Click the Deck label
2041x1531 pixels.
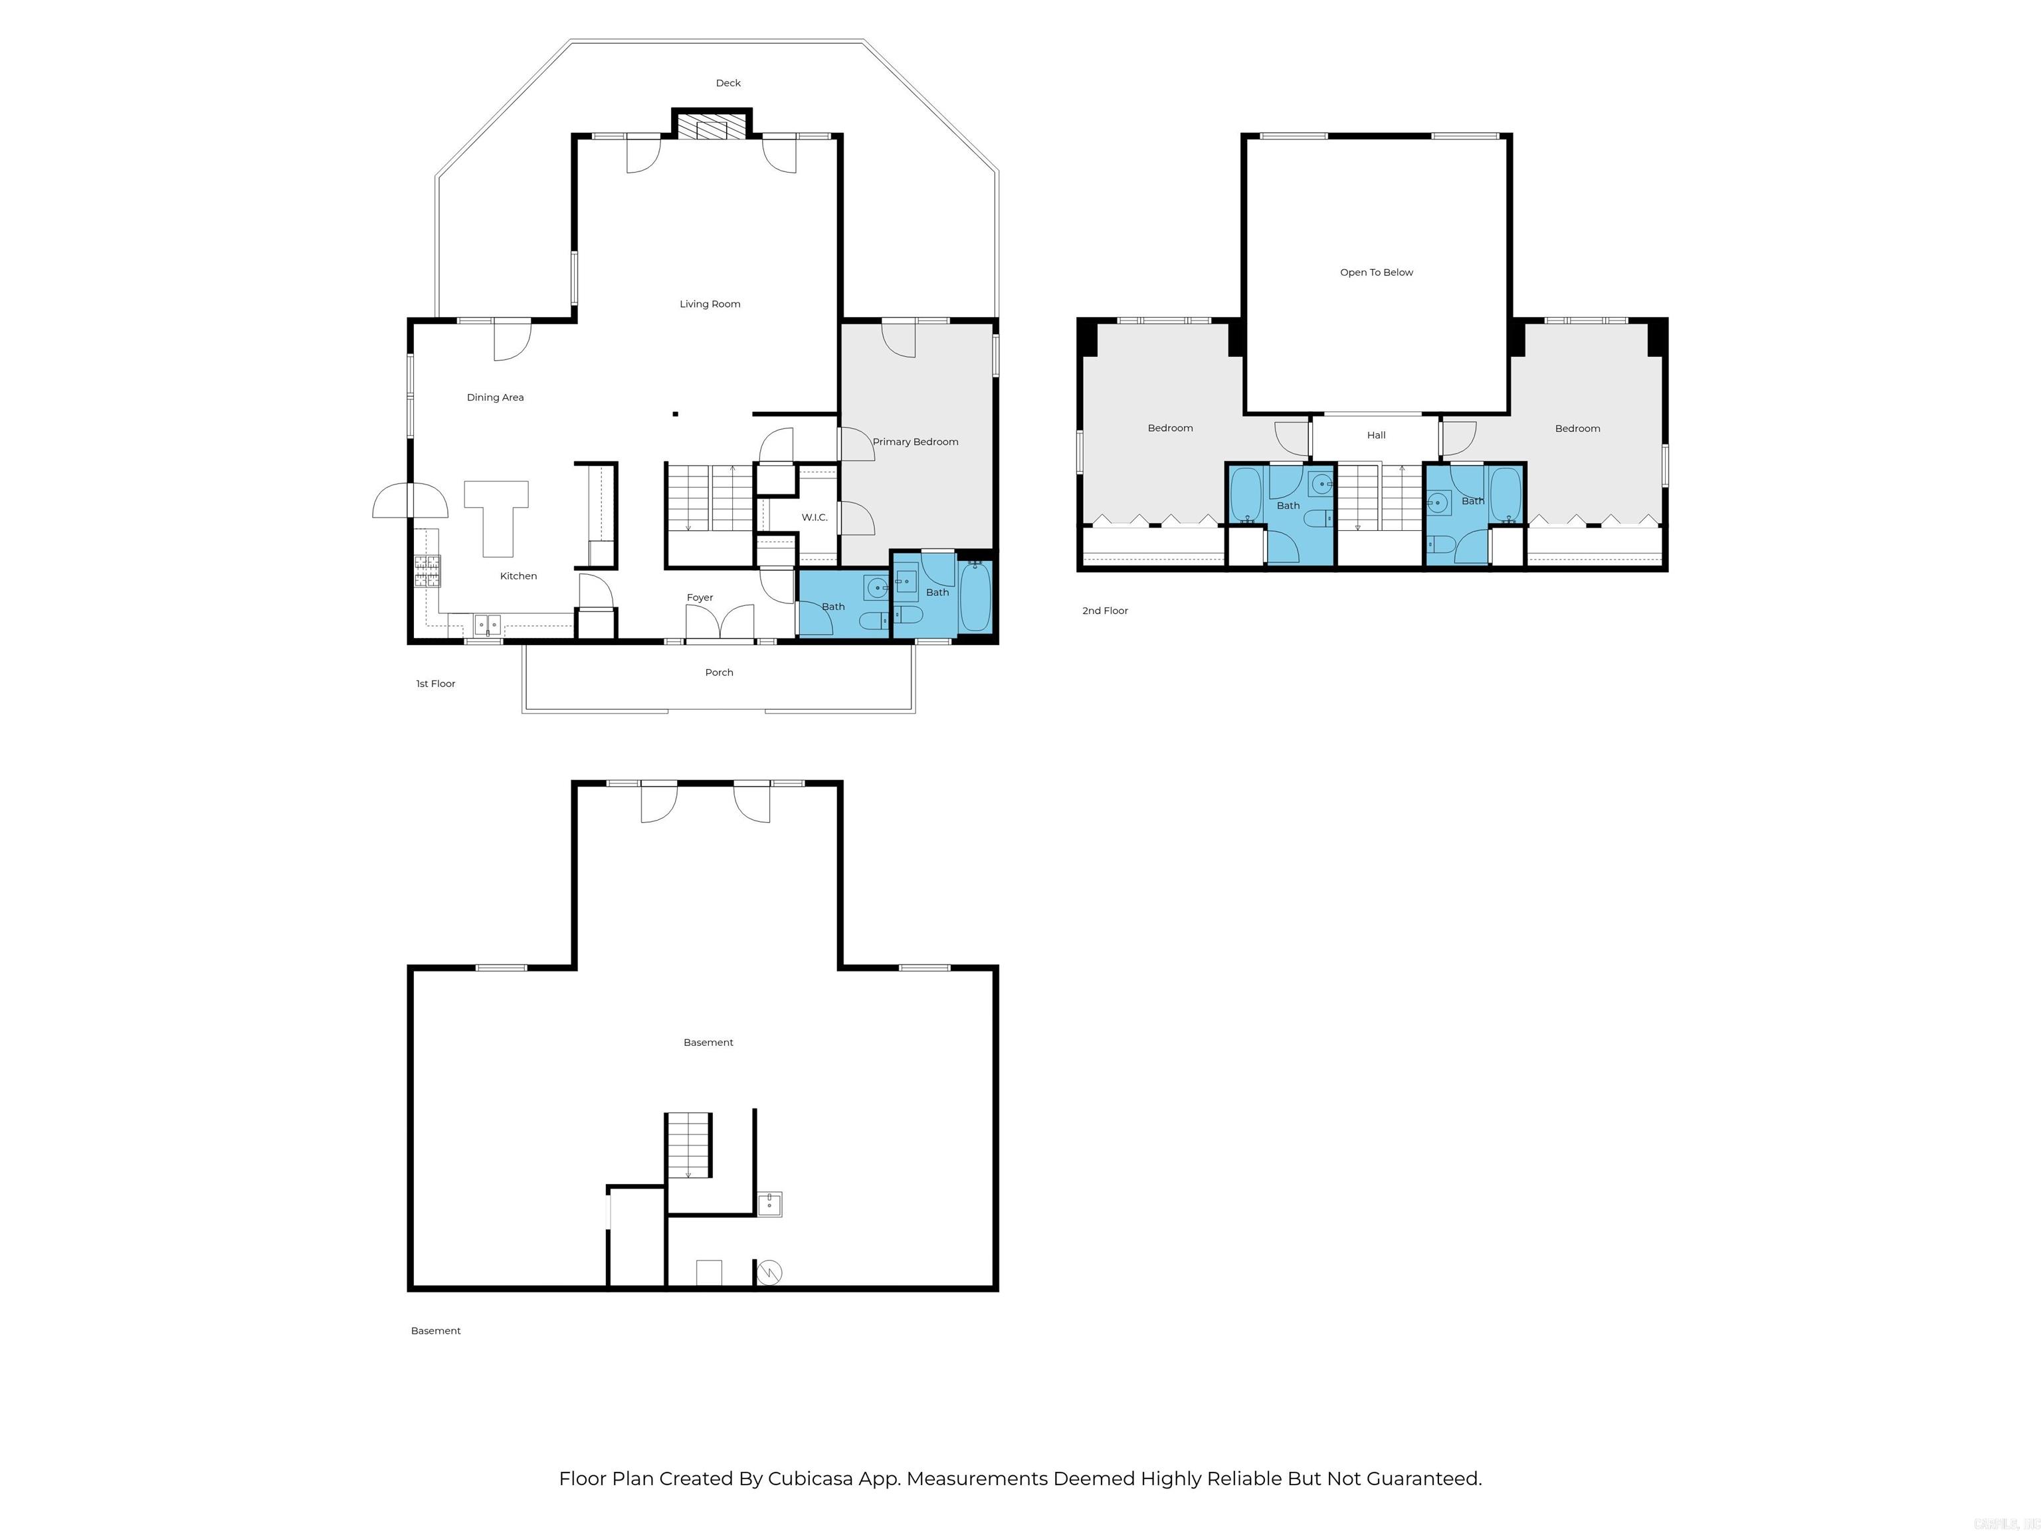pos(728,83)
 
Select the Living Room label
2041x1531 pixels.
pos(710,304)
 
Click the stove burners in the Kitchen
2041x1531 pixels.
pos(427,571)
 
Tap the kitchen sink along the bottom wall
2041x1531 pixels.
pos(487,625)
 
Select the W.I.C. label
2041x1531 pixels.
pos(814,518)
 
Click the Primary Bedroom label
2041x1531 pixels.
pos(916,442)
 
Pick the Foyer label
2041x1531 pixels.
pos(700,598)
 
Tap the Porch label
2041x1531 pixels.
pos(719,672)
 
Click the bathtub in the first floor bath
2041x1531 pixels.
pos(975,597)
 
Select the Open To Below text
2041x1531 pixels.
pos(1376,272)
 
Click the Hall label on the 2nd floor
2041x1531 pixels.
pos(1376,436)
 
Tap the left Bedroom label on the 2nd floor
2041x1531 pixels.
pos(1170,428)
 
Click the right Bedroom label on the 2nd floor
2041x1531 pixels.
pos(1577,428)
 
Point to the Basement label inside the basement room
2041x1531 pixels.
pos(708,1043)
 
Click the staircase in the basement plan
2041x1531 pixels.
pos(689,1144)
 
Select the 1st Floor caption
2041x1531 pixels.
pos(436,684)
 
